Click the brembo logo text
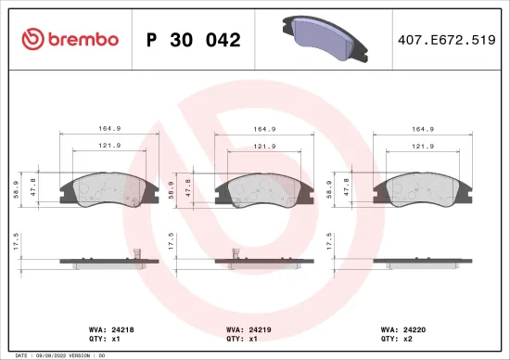[x=70, y=40]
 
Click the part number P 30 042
[x=194, y=40]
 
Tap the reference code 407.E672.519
[x=444, y=40]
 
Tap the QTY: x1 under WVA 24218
[x=83, y=340]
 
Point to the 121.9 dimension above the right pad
[x=423, y=146]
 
